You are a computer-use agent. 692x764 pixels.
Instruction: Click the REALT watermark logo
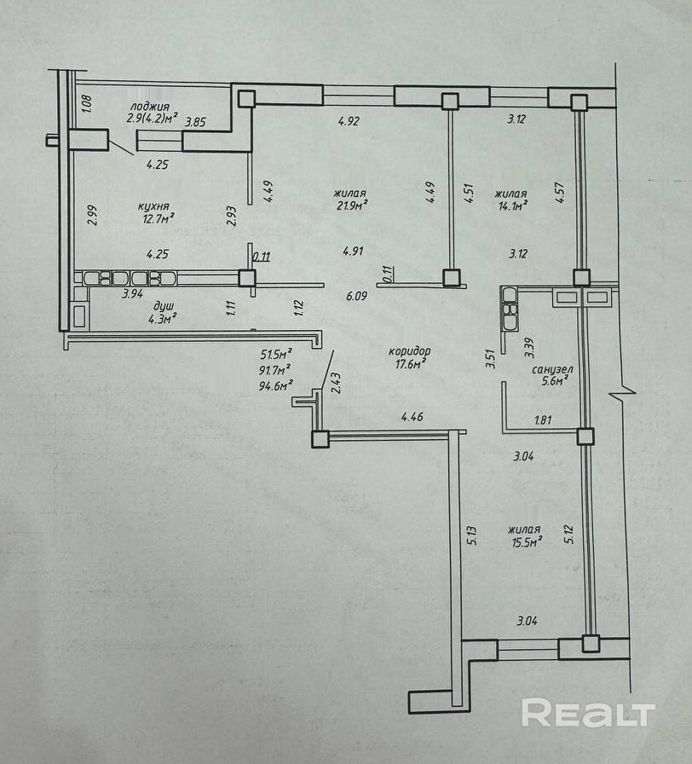(588, 714)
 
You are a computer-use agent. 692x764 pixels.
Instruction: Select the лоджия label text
(150, 107)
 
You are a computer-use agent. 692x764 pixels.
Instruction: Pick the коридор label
(410, 350)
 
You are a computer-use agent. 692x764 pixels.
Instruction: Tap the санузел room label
(552, 369)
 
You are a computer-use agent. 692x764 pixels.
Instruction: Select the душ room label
(164, 306)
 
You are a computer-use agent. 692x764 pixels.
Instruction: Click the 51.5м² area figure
(276, 353)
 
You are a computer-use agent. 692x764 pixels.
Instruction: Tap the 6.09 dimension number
(356, 296)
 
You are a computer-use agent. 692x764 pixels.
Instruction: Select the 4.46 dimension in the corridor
(412, 417)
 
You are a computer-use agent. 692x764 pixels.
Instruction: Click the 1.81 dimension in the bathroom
(543, 420)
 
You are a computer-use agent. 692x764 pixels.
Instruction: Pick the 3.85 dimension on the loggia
(195, 122)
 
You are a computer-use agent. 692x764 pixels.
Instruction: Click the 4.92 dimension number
(349, 120)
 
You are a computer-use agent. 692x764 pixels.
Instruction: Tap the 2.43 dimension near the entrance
(336, 383)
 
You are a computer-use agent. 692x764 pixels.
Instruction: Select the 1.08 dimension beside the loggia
(86, 104)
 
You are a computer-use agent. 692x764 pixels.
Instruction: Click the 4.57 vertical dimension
(560, 192)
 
